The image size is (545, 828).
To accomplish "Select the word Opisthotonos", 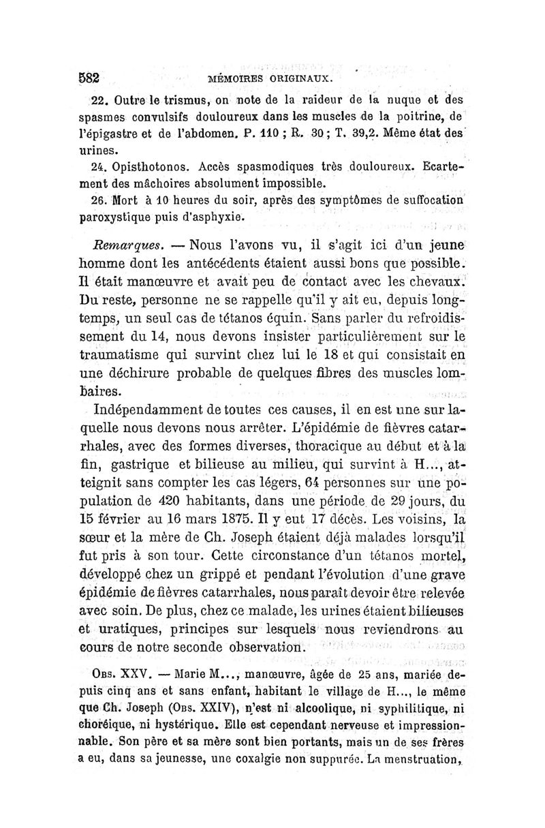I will [x=144, y=167].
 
